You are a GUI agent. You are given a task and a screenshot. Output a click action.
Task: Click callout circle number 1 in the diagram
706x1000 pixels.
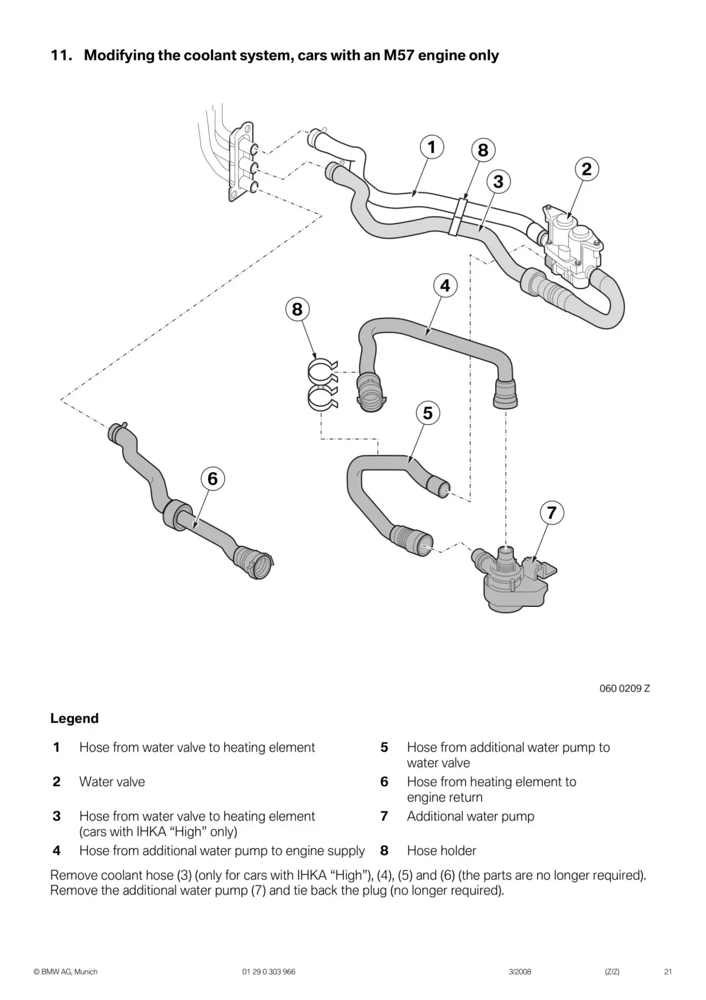tap(431, 147)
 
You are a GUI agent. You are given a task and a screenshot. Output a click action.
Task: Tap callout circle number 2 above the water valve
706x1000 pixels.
tap(586, 169)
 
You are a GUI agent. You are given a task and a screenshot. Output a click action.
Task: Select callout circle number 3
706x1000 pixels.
tap(498, 181)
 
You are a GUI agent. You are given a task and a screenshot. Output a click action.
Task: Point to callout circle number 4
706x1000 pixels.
tap(445, 286)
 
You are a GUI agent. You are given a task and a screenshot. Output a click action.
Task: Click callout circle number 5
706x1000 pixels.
tap(428, 413)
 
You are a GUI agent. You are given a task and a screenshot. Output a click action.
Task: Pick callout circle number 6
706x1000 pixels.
tap(212, 479)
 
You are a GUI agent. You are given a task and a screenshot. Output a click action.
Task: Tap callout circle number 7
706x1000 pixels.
tap(552, 513)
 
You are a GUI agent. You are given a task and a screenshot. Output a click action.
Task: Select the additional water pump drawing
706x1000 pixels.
tap(512, 581)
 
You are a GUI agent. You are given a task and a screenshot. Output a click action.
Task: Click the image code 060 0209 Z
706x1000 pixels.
tap(624, 688)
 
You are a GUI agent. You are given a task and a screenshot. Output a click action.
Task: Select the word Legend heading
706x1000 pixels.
tap(75, 718)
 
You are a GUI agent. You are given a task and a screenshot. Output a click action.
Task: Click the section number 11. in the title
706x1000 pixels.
tap(62, 56)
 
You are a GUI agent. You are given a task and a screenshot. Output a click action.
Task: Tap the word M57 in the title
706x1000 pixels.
tap(401, 56)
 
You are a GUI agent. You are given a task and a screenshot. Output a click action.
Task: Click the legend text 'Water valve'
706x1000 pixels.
tap(112, 781)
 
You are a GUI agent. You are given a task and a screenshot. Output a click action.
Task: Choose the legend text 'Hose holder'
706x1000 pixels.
tap(441, 851)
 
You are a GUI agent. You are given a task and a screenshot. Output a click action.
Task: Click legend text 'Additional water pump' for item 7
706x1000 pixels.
tap(471, 816)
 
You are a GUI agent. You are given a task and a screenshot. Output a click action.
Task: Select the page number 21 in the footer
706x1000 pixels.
tap(668, 972)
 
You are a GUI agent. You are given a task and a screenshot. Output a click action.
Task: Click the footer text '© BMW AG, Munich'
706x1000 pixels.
tap(65, 972)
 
